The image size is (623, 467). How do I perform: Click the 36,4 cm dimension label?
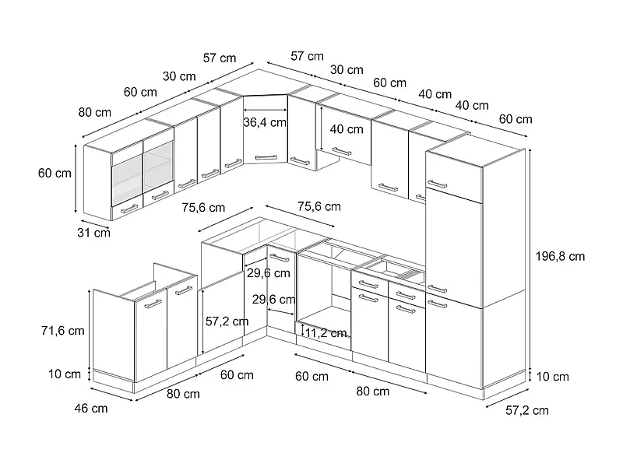coord(265,122)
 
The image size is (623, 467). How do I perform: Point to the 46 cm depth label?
coord(90,408)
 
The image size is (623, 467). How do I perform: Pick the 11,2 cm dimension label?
coord(326,332)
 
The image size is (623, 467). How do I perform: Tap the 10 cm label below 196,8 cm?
coord(552,377)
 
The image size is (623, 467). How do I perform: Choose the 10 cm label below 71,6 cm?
coord(65,374)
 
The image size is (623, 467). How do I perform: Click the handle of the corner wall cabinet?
coord(266,156)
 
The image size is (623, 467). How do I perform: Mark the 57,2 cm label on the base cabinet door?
coord(227,321)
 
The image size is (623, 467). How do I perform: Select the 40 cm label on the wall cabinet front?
coord(346,128)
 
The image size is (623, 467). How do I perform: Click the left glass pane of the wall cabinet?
coord(125,178)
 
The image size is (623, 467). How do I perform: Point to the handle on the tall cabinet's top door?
coord(438,184)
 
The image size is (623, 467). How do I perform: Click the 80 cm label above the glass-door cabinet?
coord(94,112)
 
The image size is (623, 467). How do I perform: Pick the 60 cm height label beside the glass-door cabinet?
coord(54,173)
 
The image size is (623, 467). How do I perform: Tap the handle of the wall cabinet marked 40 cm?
coord(342,151)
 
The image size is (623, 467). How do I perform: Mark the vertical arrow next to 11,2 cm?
coord(301,330)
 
